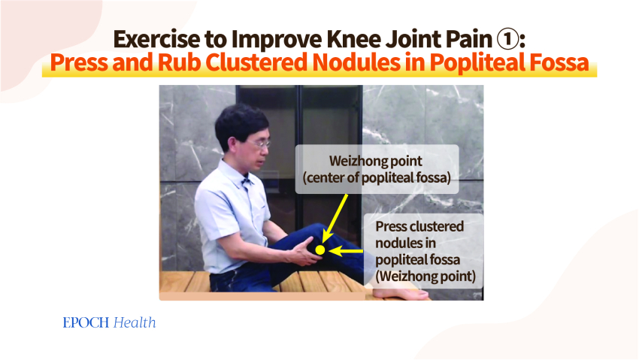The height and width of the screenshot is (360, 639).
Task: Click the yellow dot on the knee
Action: (320, 250)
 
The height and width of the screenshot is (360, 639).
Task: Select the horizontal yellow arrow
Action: (346, 251)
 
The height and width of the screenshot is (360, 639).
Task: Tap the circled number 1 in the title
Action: (507, 40)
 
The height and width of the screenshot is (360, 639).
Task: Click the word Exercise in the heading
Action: (156, 40)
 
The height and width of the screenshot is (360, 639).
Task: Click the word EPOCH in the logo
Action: (86, 323)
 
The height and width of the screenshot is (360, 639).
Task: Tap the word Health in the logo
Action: (135, 322)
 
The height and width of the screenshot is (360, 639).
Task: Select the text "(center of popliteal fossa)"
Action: (377, 178)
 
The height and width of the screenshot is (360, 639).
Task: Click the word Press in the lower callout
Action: (391, 226)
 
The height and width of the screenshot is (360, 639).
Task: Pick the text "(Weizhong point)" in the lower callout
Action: (425, 277)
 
